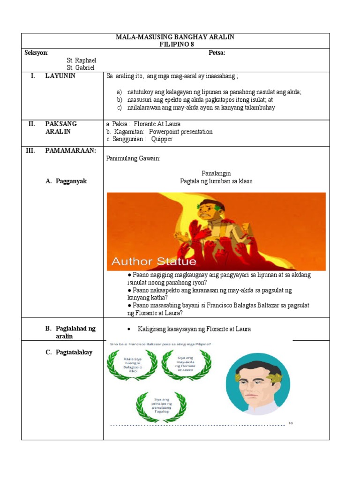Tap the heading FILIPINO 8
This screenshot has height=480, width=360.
tap(176, 45)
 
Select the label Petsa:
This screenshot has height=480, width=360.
tap(217, 53)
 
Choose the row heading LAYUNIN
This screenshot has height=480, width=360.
tap(60, 76)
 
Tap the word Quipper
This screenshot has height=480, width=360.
tap(162, 139)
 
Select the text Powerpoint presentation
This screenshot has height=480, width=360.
tap(180, 132)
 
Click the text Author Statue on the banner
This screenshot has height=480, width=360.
tap(153, 261)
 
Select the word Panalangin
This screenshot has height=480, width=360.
tap(216, 173)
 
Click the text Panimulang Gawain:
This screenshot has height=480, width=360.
tap(133, 159)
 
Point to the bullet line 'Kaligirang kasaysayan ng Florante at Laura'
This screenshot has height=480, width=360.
tap(194, 329)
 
